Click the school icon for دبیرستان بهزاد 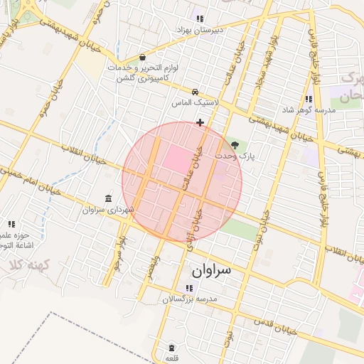[200, 18]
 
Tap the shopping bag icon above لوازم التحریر [142, 57]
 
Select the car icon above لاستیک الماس [196, 92]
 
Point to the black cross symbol [200, 122]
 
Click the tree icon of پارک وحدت [235, 144]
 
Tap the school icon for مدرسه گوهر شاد [308, 99]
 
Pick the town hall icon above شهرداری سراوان [108, 198]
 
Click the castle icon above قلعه [171, 348]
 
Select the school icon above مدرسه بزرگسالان [188, 288]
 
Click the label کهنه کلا [27, 264]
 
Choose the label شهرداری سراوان [108, 210]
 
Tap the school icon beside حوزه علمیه [11, 224]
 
